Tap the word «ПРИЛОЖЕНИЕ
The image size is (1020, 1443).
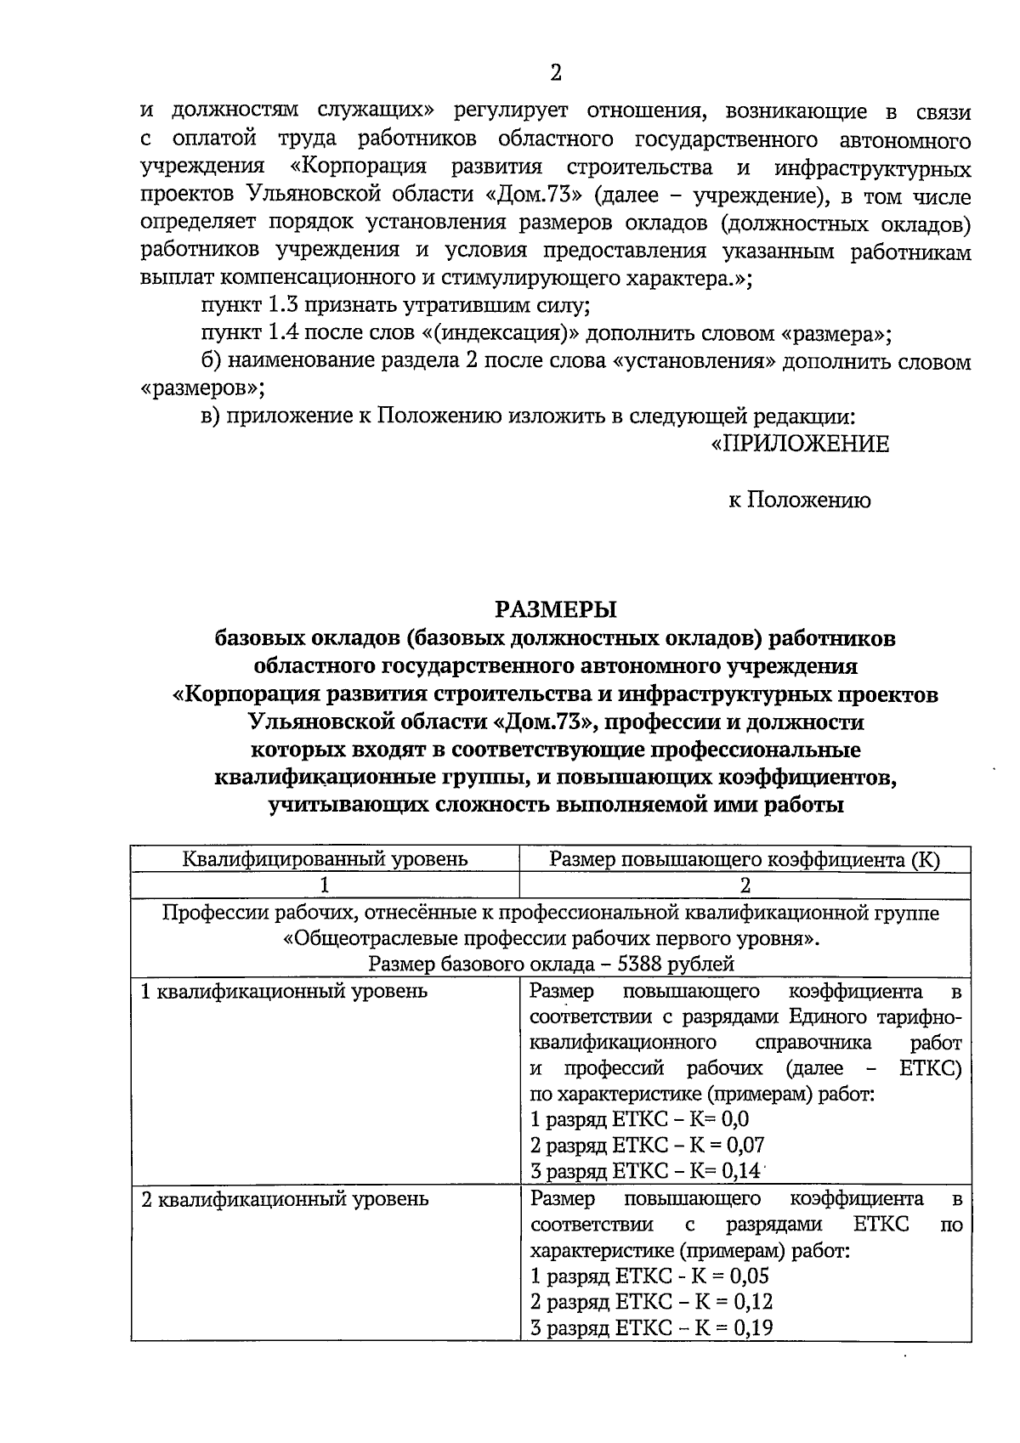tap(799, 444)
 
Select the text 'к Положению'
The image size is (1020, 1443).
tap(799, 501)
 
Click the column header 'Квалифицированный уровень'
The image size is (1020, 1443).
tap(325, 859)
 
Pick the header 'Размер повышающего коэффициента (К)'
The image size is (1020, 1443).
tap(745, 859)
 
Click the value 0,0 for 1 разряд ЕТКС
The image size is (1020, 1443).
tap(734, 1119)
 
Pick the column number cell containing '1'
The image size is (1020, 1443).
tap(325, 885)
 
